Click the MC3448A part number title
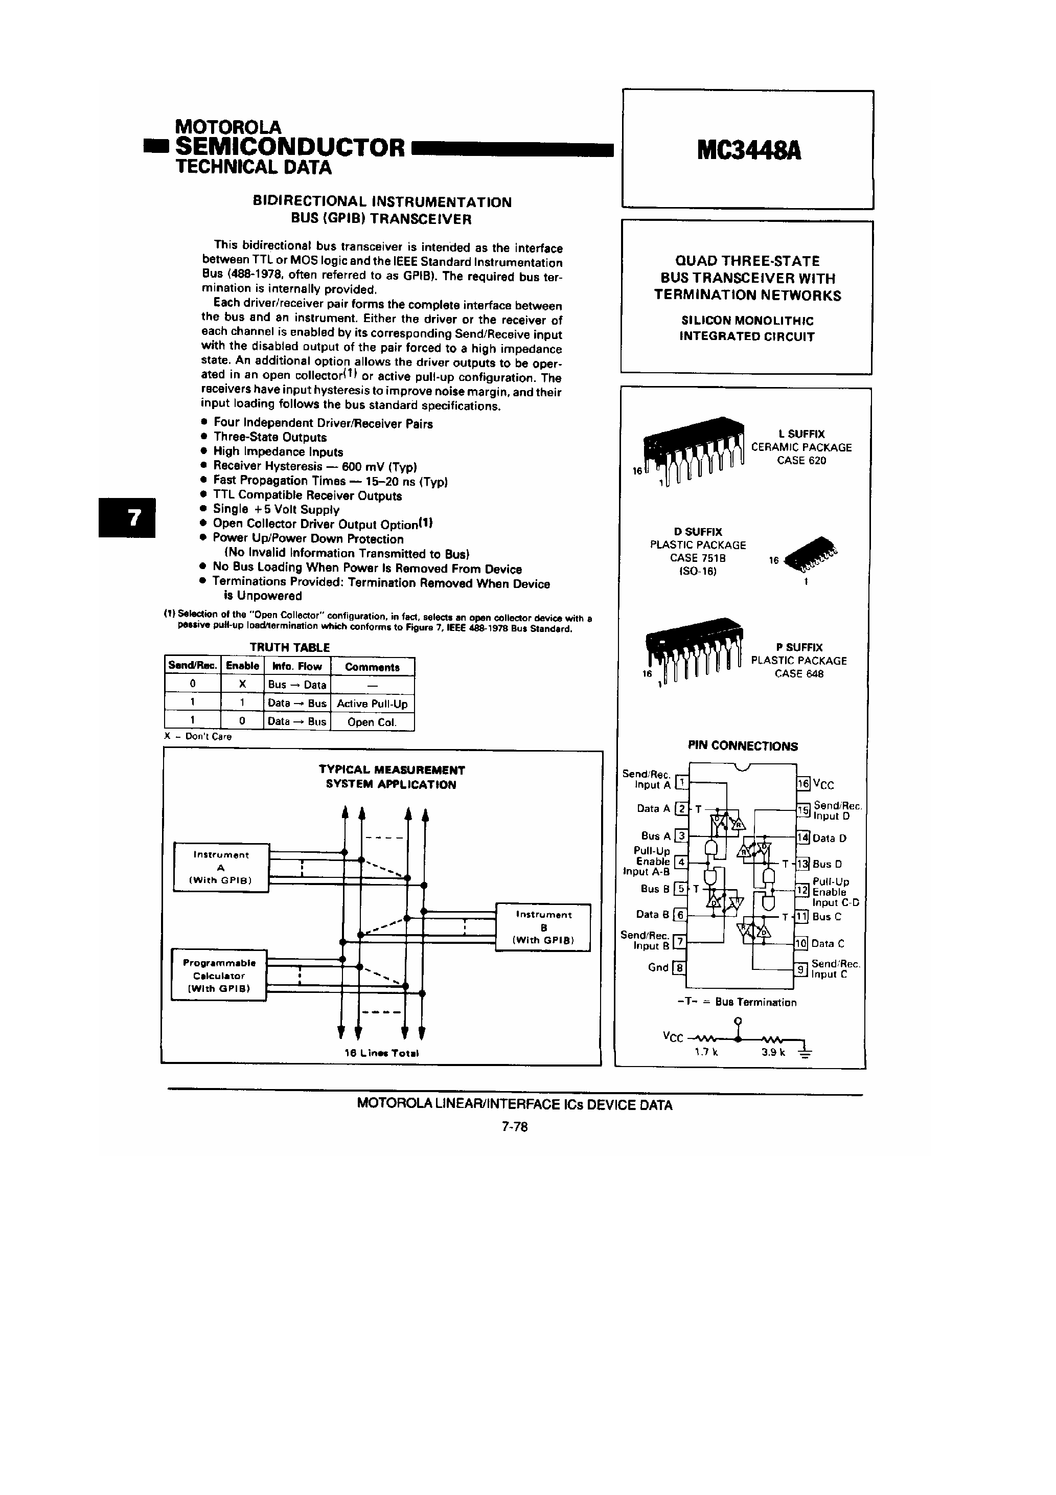pos(748,151)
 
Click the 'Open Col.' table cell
pos(372,722)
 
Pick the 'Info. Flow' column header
pos(297,666)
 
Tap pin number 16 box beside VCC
pos(804,784)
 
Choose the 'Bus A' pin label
pos(655,836)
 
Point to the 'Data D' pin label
pos(830,839)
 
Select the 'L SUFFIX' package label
pos(801,434)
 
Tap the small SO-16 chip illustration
pos(811,555)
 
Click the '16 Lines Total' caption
pos(381,1053)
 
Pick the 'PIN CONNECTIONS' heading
pos(742,746)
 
